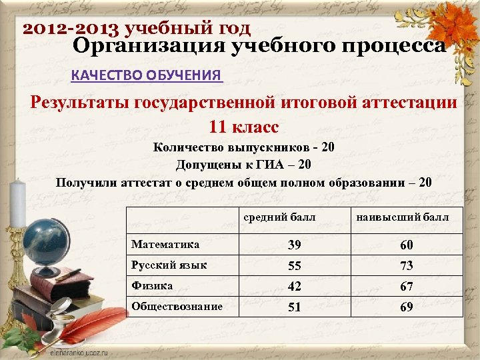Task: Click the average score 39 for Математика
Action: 294,246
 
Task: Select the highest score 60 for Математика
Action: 406,246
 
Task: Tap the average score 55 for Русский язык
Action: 294,266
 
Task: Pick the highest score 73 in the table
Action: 406,266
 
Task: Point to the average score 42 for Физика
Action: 294,286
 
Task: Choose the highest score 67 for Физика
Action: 406,286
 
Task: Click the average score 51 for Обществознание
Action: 294,307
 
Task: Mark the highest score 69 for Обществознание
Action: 406,307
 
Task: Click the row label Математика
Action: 165,245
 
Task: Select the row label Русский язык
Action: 169,265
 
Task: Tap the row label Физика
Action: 152,285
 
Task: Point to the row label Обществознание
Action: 177,306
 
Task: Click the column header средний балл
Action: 279,217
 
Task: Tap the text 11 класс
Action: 243,126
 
